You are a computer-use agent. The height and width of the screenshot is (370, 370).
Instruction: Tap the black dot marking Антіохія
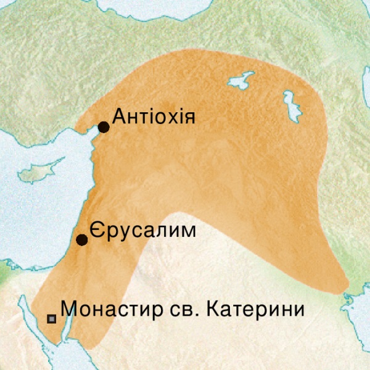pos(104,127)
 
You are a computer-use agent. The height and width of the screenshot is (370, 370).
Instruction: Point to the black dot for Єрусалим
pos(81,240)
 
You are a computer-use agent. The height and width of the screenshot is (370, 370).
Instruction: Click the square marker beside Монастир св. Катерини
pos(52,319)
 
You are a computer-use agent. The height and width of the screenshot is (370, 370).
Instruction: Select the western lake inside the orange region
pos(242,80)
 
